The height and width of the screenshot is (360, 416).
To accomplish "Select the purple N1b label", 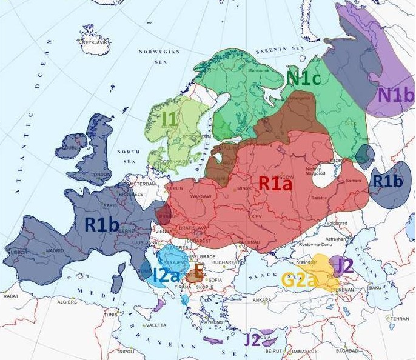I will pyautogui.click(x=396, y=95).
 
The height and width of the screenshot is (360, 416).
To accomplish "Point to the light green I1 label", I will pyautogui.click(x=170, y=119).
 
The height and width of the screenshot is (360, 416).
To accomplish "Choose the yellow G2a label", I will pyautogui.click(x=300, y=279).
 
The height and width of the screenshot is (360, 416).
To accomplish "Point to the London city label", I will pyautogui.click(x=99, y=175).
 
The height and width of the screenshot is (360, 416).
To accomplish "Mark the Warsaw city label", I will pyautogui.click(x=200, y=197).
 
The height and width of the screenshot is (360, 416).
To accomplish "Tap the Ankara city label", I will pyautogui.click(x=262, y=300).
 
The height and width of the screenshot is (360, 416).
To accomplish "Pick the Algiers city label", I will pyautogui.click(x=67, y=301).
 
